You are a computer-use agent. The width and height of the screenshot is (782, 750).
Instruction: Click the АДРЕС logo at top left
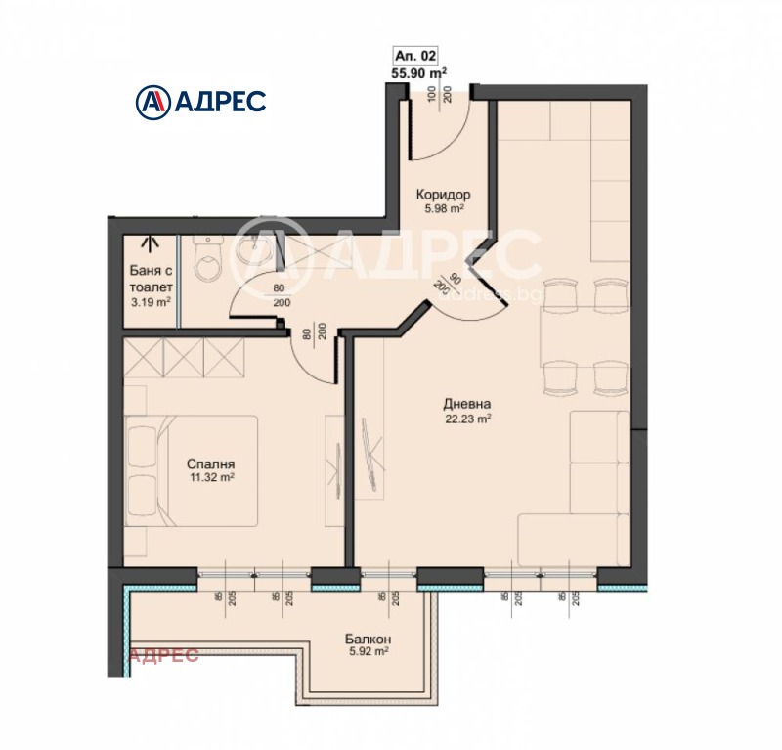(199, 100)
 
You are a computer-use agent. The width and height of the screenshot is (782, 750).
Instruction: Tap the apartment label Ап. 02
(418, 56)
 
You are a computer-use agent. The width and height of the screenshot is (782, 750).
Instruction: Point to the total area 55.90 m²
(418, 71)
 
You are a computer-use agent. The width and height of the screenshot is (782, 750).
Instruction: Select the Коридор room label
(443, 194)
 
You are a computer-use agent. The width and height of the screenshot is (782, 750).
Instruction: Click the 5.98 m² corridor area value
(443, 207)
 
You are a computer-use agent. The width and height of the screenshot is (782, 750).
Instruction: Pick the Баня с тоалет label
(151, 281)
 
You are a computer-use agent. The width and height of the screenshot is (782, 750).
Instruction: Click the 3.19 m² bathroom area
(151, 302)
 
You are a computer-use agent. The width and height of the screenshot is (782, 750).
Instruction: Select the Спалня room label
(210, 464)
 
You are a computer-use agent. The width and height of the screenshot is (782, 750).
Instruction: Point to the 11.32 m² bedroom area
(210, 478)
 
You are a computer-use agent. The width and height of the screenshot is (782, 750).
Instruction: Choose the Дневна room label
(466, 403)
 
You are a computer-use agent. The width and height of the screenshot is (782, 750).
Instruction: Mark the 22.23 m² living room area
(466, 418)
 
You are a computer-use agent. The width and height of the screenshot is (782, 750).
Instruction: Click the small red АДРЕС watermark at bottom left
(164, 655)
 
